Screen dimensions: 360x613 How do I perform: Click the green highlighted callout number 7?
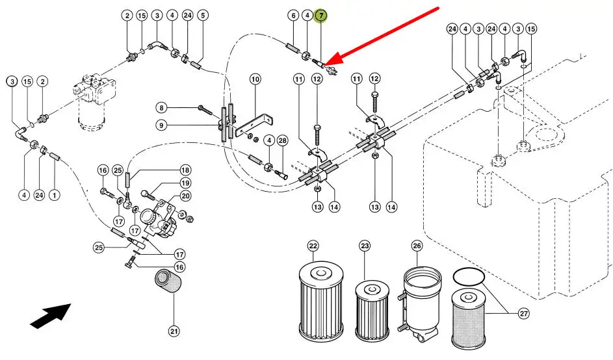pos(320,15)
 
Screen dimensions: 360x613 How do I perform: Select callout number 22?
pos(313,246)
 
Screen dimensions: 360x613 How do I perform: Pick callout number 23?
pos(365,246)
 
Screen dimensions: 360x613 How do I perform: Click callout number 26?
pos(417,246)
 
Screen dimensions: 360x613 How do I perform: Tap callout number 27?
pos(524,313)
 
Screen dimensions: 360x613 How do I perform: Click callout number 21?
pos(174,331)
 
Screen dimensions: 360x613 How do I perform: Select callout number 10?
pos(255,79)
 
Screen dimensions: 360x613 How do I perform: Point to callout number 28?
pos(282,140)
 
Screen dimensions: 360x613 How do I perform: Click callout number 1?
pos(55,194)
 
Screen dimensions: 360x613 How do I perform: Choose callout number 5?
pos(203,15)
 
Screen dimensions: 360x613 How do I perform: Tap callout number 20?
pos(185,196)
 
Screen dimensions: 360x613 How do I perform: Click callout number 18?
pos(185,170)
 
